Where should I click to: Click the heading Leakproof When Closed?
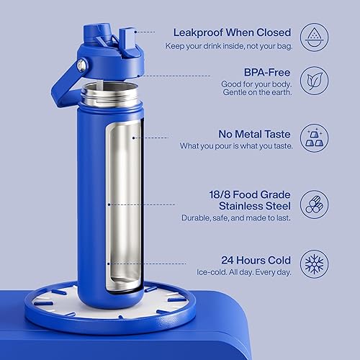click(232, 32)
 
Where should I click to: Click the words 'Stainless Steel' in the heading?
click(255, 202)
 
